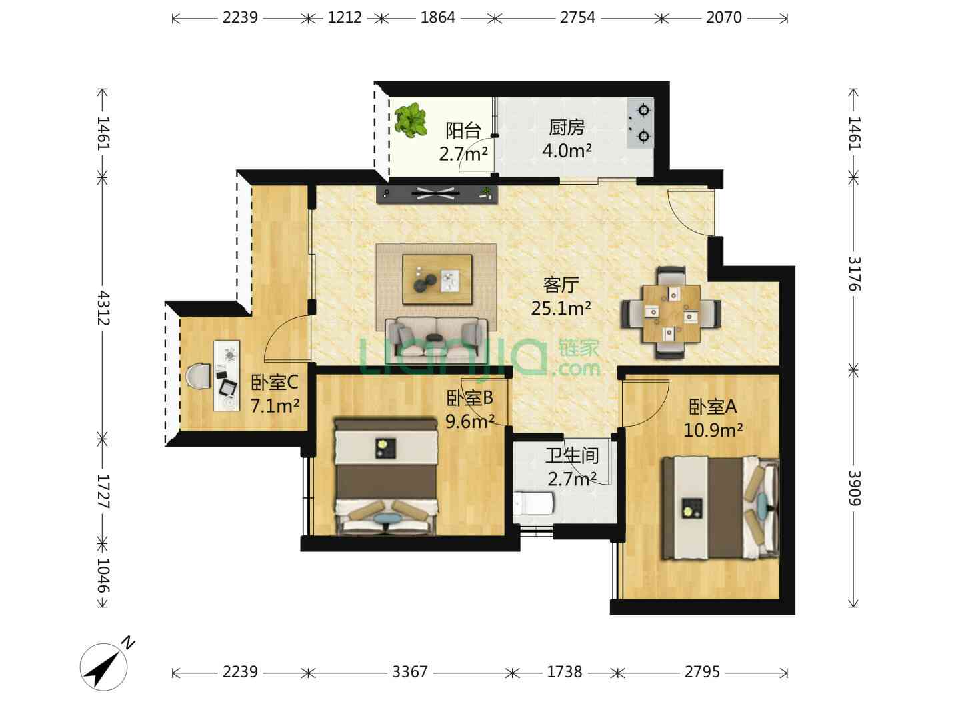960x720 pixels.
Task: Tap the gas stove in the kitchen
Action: tap(640, 123)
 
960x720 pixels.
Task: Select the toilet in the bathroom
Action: tap(533, 503)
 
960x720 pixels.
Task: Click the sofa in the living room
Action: tap(436, 339)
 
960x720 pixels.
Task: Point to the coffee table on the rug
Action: tap(437, 279)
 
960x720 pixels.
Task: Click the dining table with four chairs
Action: tap(671, 313)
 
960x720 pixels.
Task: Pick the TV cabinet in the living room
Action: tap(437, 193)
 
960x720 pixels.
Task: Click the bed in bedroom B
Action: tap(386, 477)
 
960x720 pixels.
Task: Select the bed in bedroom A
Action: tap(720, 508)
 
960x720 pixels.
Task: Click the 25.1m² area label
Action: tap(561, 309)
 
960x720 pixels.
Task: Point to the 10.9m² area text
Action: tap(713, 431)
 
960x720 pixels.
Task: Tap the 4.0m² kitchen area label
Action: tap(567, 151)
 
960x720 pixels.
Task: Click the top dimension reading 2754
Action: tap(577, 17)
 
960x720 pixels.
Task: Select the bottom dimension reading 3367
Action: tap(409, 672)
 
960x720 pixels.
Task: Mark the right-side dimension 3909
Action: tap(855, 488)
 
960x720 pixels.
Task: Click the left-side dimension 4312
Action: tap(103, 308)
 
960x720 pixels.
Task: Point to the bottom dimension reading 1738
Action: tap(564, 672)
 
